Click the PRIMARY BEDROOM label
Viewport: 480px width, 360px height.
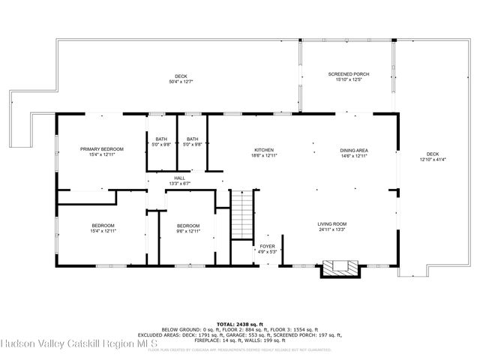pos(102,149)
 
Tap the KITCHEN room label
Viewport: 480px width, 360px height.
pos(263,150)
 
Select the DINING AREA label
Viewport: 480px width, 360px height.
pos(354,150)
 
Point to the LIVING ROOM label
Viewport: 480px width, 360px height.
pos(331,223)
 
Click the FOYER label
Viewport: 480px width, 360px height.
pos(268,246)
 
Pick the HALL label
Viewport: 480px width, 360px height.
pos(180,178)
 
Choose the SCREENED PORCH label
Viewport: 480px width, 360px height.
pos(349,74)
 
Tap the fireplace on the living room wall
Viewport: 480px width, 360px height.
pos(341,268)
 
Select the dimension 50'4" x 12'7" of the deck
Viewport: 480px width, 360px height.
pos(181,81)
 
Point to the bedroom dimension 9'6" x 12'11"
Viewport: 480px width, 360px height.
pos(188,232)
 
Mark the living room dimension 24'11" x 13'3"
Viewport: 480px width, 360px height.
pos(331,229)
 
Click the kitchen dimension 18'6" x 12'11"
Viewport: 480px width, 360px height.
pos(263,156)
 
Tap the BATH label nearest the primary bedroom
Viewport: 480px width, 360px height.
pos(161,139)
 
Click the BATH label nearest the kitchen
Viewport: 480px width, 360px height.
pos(193,139)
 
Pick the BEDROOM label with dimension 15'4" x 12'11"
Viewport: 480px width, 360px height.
pos(103,226)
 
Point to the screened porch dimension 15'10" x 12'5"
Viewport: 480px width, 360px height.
pos(349,80)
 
